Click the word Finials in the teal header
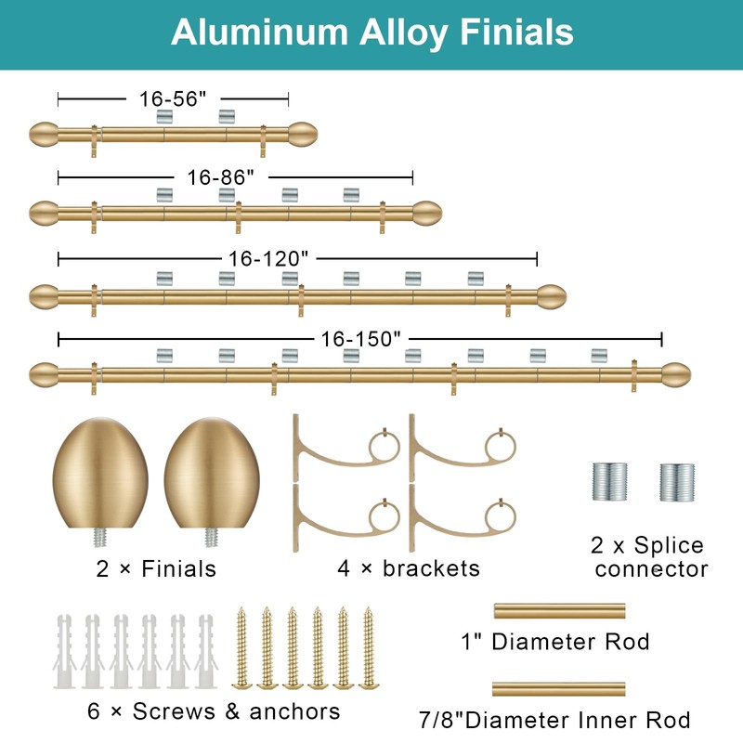516,33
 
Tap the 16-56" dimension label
173,99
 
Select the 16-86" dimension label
221,177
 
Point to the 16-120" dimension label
268,259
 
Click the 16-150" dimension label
360,339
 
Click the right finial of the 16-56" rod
303,135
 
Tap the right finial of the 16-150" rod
676,375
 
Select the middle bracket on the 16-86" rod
239,217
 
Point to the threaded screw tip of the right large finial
212,538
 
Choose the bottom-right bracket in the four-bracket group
463,517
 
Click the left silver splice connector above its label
609,482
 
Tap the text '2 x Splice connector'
649,556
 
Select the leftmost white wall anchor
64,651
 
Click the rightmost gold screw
369,647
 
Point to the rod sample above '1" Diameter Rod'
560,611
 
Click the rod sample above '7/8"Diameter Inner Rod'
559,689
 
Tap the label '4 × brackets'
409,568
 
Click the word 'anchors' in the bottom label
294,711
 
